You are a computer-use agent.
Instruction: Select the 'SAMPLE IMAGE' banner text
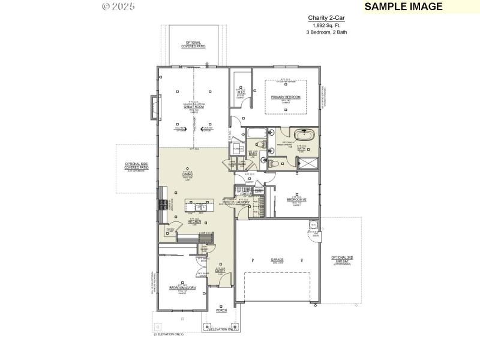point(403,7)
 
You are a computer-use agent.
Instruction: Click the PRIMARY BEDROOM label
point(285,97)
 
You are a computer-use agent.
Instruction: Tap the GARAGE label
point(277,260)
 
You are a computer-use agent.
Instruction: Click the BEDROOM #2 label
point(296,199)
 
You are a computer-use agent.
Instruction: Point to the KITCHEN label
point(194,221)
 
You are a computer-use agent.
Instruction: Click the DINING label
point(187,175)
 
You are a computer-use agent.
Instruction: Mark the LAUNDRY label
point(242,203)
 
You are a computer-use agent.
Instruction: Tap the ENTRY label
point(220,271)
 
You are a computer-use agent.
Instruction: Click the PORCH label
point(221,311)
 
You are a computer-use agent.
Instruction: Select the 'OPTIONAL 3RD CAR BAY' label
point(342,259)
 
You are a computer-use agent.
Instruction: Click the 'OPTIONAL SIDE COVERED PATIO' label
point(136,166)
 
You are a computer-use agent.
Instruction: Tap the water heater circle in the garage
point(313,225)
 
